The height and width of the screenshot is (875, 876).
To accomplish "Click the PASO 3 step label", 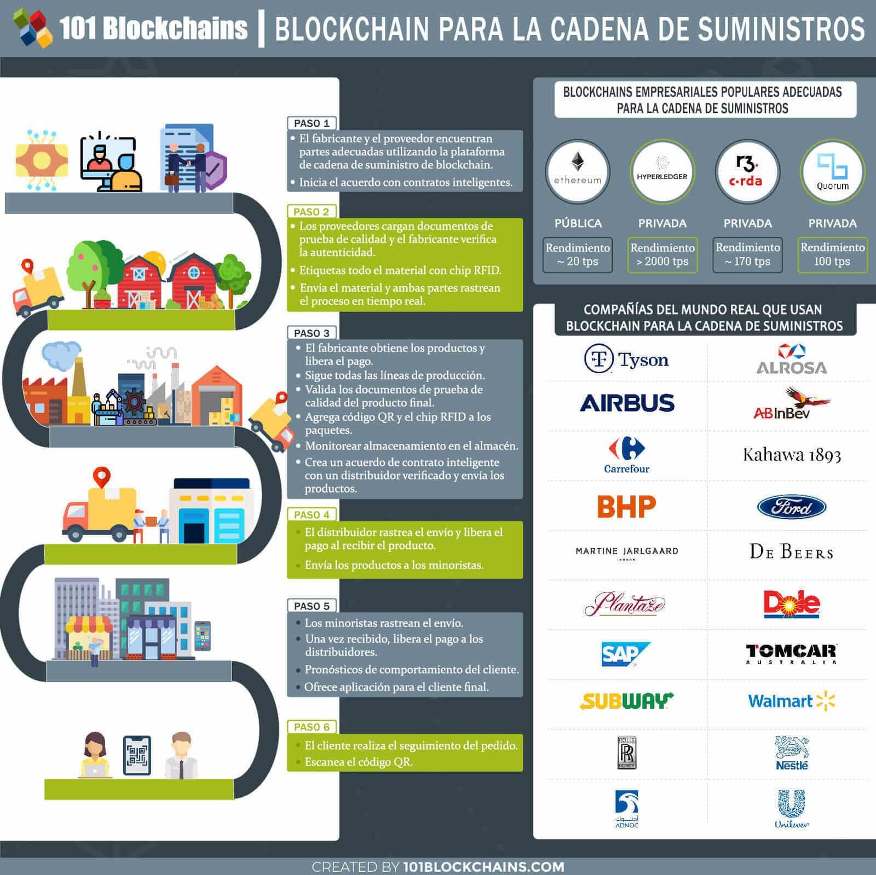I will pos(312,333).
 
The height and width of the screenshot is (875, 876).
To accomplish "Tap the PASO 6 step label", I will pos(312,727).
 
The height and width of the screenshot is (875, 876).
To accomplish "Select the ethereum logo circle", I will pos(578,172).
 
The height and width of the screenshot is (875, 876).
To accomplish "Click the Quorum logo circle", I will pos(832,172).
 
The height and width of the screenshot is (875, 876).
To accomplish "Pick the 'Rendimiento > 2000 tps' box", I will pos(662,254).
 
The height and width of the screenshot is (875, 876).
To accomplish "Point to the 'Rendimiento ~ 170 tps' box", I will pos(747,254).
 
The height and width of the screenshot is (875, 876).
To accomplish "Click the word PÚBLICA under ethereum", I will pos(578,223).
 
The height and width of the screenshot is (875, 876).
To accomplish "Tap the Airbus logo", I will pos(627,403).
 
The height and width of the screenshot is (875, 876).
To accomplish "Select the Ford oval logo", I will pos(792,507).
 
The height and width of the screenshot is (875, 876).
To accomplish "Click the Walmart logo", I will pos(791,701).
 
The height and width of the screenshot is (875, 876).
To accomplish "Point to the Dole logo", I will pos(792,604).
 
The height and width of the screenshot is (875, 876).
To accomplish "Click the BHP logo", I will pos(627,507).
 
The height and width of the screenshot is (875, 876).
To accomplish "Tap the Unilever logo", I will pos(792,808).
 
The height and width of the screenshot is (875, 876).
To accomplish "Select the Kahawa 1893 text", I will pos(792,455).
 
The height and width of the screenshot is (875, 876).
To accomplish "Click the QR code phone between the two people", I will pos(137,756).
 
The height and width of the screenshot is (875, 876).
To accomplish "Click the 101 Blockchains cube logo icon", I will pos(33,28).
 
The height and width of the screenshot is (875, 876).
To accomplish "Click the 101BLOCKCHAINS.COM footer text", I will pos(483,867).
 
